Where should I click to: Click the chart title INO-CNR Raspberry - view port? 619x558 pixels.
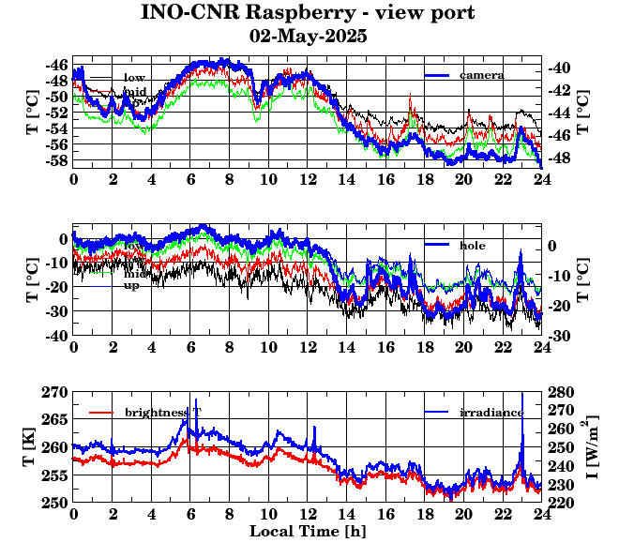coord(309,13)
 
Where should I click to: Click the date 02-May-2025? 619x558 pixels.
coord(309,37)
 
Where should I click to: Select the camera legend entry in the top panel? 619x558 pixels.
coord(482,75)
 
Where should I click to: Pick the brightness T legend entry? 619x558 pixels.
coord(163,413)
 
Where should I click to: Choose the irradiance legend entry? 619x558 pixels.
coord(491,413)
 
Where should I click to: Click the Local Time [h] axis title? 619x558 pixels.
coord(308,531)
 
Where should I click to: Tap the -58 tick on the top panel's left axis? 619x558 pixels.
coord(56,161)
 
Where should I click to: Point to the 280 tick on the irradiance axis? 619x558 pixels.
coord(562,392)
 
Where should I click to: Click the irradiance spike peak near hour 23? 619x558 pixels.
coord(521,393)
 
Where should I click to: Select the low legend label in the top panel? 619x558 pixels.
coord(134,76)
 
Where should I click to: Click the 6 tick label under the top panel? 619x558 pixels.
coord(190,179)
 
